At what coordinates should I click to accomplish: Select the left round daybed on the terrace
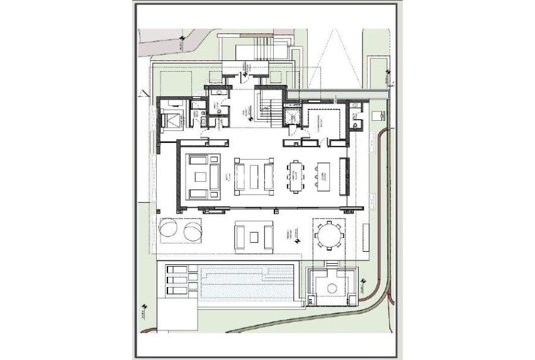[169, 230]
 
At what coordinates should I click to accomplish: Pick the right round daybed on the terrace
[192, 230]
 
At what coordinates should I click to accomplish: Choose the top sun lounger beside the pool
[176, 270]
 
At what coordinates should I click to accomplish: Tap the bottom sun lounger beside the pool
[176, 290]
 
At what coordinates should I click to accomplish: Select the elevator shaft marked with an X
[291, 116]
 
